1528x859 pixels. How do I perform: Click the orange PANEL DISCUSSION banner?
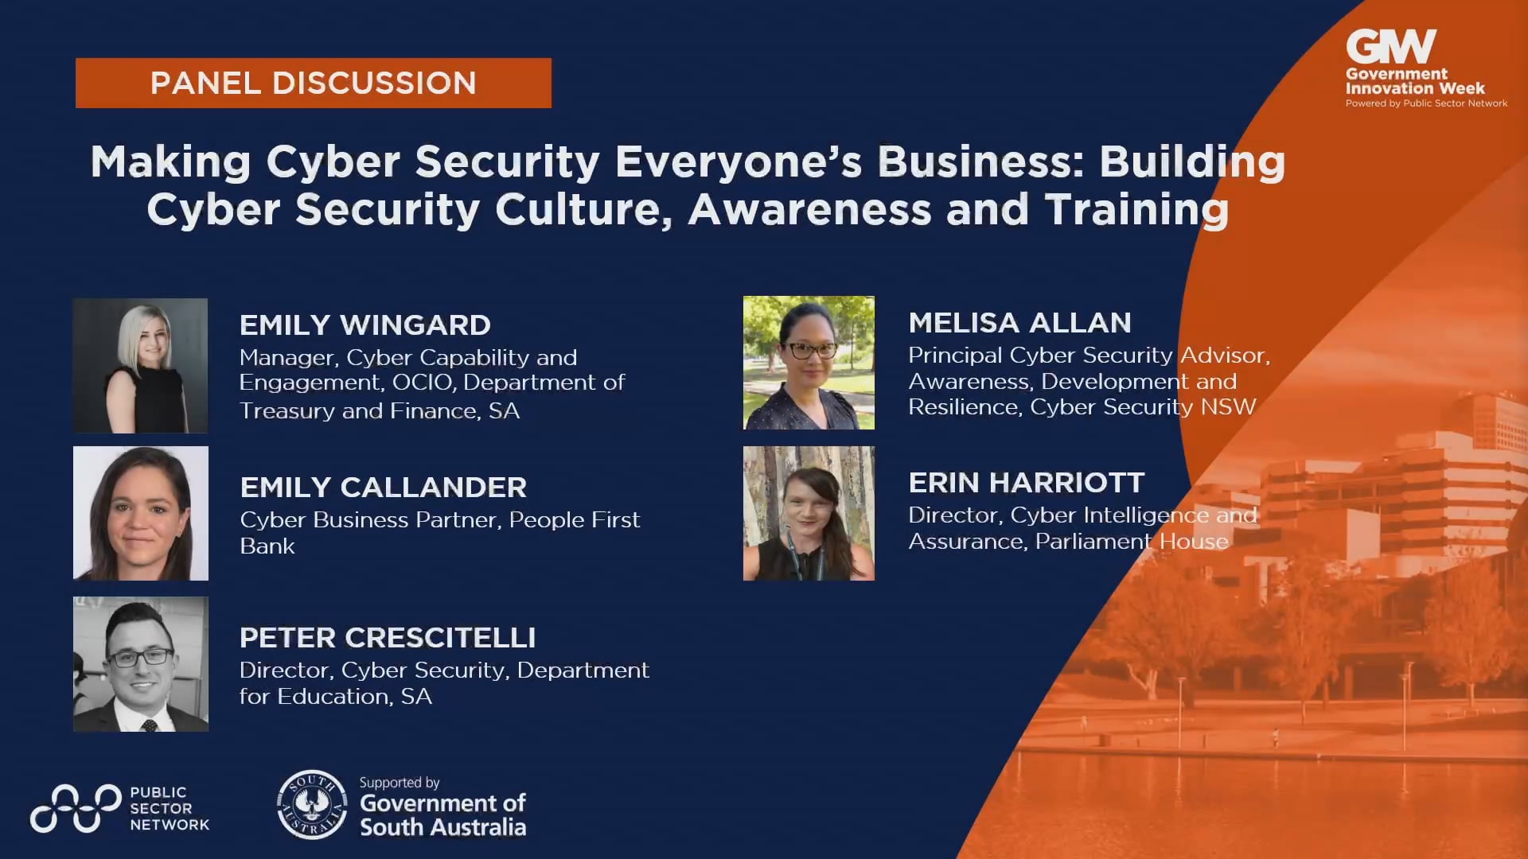[313, 83]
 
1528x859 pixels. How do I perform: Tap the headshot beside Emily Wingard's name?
[140, 365]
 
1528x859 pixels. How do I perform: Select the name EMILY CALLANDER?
[383, 487]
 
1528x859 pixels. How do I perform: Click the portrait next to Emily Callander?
[140, 513]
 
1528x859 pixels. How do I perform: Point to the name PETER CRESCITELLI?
[387, 637]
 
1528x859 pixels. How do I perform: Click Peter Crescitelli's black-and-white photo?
[140, 663]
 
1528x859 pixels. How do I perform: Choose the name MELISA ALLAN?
[1019, 322]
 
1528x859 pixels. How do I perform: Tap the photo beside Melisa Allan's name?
[809, 363]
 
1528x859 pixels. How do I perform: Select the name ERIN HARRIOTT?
[1026, 482]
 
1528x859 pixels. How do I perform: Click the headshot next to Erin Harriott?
[809, 513]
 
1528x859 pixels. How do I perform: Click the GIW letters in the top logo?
[1390, 47]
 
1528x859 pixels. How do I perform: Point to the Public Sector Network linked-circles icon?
[76, 809]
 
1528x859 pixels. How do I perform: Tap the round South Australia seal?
[312, 804]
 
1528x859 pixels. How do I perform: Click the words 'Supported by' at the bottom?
[400, 783]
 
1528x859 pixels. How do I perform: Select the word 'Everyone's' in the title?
[739, 161]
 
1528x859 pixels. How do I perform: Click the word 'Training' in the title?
[1136, 209]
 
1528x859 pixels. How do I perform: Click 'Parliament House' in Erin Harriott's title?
[1131, 542]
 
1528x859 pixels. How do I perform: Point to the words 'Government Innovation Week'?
[1414, 81]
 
